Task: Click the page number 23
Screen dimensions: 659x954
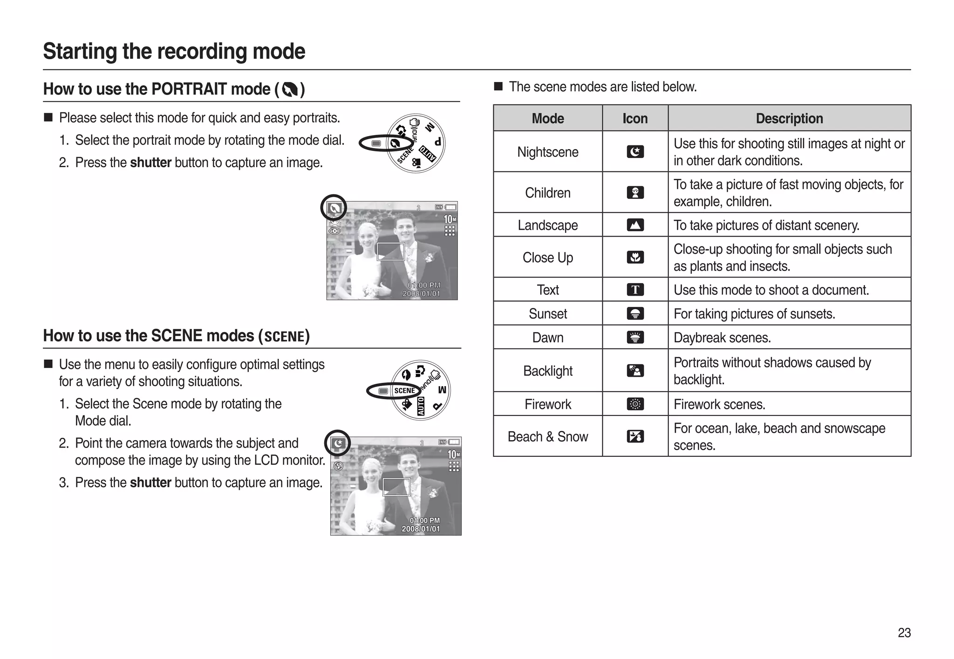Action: pos(904,632)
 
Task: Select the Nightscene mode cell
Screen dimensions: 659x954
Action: pos(547,152)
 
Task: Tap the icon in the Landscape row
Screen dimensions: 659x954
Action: pos(635,225)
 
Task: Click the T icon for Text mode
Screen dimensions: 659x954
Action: pos(635,290)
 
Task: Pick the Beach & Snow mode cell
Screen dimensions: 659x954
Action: pos(547,436)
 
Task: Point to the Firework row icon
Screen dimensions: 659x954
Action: pos(635,404)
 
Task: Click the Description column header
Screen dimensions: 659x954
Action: pos(789,118)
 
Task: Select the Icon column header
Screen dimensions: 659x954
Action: pos(635,118)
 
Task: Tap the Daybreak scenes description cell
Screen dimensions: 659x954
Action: pos(789,337)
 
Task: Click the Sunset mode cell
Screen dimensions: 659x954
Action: pos(547,313)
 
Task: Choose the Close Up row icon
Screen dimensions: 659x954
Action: pos(635,257)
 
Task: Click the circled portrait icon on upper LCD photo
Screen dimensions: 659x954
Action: pos(334,208)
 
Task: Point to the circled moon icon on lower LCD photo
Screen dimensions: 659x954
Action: pos(338,443)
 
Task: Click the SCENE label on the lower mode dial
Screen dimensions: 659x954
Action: pos(404,391)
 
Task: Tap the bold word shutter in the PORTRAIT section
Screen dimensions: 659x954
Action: pos(150,163)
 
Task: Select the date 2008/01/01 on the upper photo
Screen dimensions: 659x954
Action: pos(421,294)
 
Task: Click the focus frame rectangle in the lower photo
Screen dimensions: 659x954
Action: pos(396,487)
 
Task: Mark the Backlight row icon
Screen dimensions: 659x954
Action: pos(635,371)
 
